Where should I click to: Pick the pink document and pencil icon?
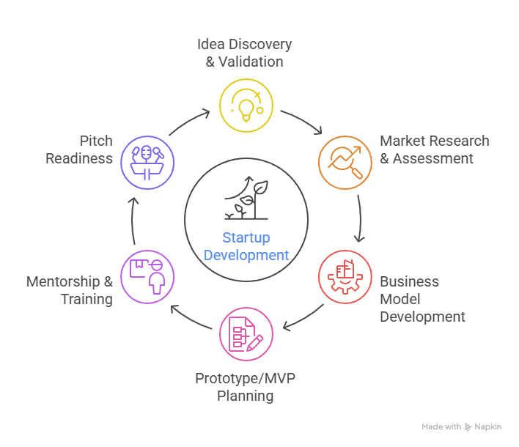tap(246, 333)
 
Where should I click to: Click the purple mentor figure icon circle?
tap(147, 276)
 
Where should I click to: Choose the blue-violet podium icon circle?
tap(147, 162)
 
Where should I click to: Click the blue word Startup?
tap(246, 238)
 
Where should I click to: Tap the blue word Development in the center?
tap(246, 255)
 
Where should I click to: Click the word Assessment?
tap(432, 158)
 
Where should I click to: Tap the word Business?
tap(409, 281)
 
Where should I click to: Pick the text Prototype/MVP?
tap(245, 379)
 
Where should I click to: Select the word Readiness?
tap(79, 158)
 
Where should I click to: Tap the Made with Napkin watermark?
tap(462, 426)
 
